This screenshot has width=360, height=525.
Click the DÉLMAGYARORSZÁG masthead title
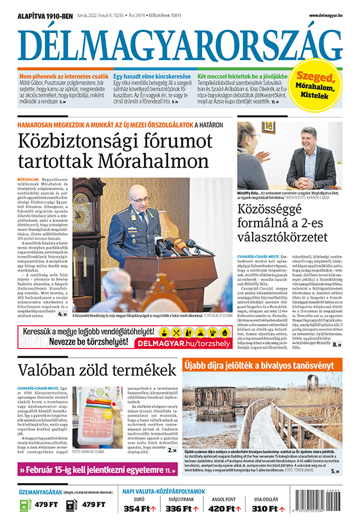coord(180,45)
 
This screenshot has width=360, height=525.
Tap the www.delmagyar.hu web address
coord(326,15)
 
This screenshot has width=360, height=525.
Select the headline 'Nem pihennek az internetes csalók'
coord(64,77)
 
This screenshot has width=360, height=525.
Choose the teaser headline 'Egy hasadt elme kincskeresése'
coord(153,77)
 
